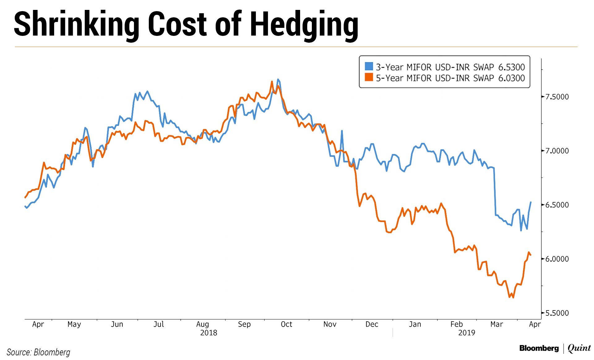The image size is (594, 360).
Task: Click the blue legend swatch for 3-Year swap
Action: (369, 66)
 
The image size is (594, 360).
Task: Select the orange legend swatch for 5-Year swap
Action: (369, 77)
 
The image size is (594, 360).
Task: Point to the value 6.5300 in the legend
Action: (511, 67)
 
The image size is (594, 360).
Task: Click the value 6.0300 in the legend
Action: (511, 78)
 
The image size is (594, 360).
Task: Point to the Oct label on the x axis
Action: (286, 324)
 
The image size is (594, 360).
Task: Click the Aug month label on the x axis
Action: (203, 324)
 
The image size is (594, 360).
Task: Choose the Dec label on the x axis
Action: (372, 324)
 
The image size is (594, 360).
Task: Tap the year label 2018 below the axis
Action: (209, 333)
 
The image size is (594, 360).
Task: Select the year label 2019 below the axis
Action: (467, 333)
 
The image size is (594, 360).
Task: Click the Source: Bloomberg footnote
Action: (38, 352)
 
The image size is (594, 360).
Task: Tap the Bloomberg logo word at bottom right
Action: (539, 348)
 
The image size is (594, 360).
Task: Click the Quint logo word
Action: (579, 348)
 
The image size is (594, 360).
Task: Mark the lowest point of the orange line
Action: (513, 298)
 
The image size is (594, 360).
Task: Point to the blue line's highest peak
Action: (278, 79)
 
